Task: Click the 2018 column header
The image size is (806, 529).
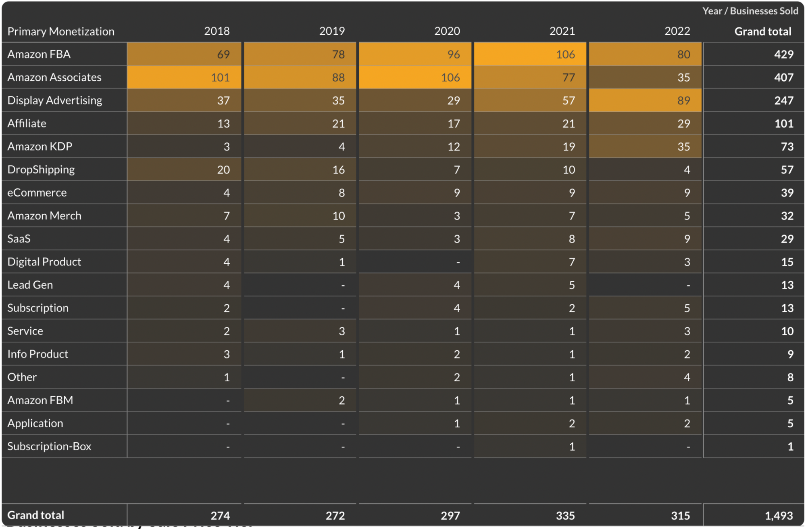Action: (x=217, y=31)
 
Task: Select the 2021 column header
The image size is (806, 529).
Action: (x=562, y=31)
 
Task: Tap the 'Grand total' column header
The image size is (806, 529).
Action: (x=762, y=31)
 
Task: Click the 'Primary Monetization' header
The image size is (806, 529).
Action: (x=61, y=31)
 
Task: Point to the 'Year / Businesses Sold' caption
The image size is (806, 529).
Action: (x=750, y=11)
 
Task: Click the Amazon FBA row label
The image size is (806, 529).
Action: (x=39, y=54)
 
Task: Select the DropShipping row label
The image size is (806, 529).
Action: (x=41, y=169)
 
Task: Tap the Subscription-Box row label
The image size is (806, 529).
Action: (x=49, y=446)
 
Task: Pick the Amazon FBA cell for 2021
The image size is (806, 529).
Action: (x=565, y=54)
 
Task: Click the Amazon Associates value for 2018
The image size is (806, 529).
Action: (x=220, y=77)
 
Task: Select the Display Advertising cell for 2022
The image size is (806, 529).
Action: (x=683, y=100)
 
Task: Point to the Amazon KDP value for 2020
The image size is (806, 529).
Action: (x=454, y=146)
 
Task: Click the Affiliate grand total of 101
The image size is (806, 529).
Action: (x=783, y=123)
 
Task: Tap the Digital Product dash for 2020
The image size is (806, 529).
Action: (x=458, y=262)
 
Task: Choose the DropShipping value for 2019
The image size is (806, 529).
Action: (x=338, y=170)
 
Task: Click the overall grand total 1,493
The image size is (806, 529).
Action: (x=779, y=515)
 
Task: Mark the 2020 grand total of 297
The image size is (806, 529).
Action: (x=450, y=515)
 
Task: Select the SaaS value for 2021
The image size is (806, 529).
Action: (x=572, y=239)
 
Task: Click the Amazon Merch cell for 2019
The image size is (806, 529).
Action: (x=338, y=216)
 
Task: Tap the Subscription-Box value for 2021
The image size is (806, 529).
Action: (x=572, y=447)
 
